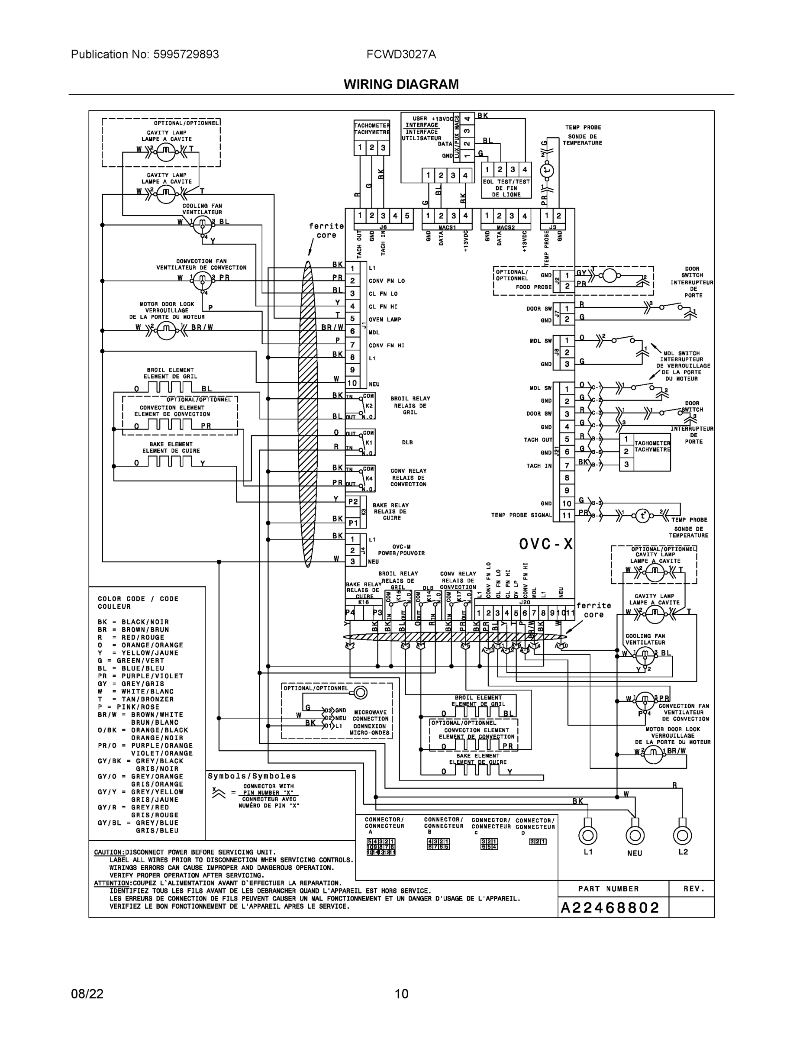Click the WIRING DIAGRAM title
(x=401, y=84)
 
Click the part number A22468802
(x=610, y=908)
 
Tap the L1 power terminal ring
(x=587, y=835)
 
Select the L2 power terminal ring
(x=682, y=835)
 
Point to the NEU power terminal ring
(x=635, y=835)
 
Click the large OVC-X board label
(x=545, y=544)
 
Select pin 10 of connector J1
(x=352, y=383)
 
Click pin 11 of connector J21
(x=566, y=515)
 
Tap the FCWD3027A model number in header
(x=401, y=54)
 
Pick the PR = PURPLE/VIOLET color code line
(x=140, y=676)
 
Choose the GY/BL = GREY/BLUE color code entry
(x=138, y=823)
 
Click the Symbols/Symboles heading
(x=252, y=776)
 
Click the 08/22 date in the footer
(x=87, y=994)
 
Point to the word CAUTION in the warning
(x=109, y=852)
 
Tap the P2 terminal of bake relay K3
(x=352, y=501)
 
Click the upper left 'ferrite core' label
(x=326, y=231)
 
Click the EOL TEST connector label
(x=506, y=188)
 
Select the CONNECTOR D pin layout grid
(x=538, y=841)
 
